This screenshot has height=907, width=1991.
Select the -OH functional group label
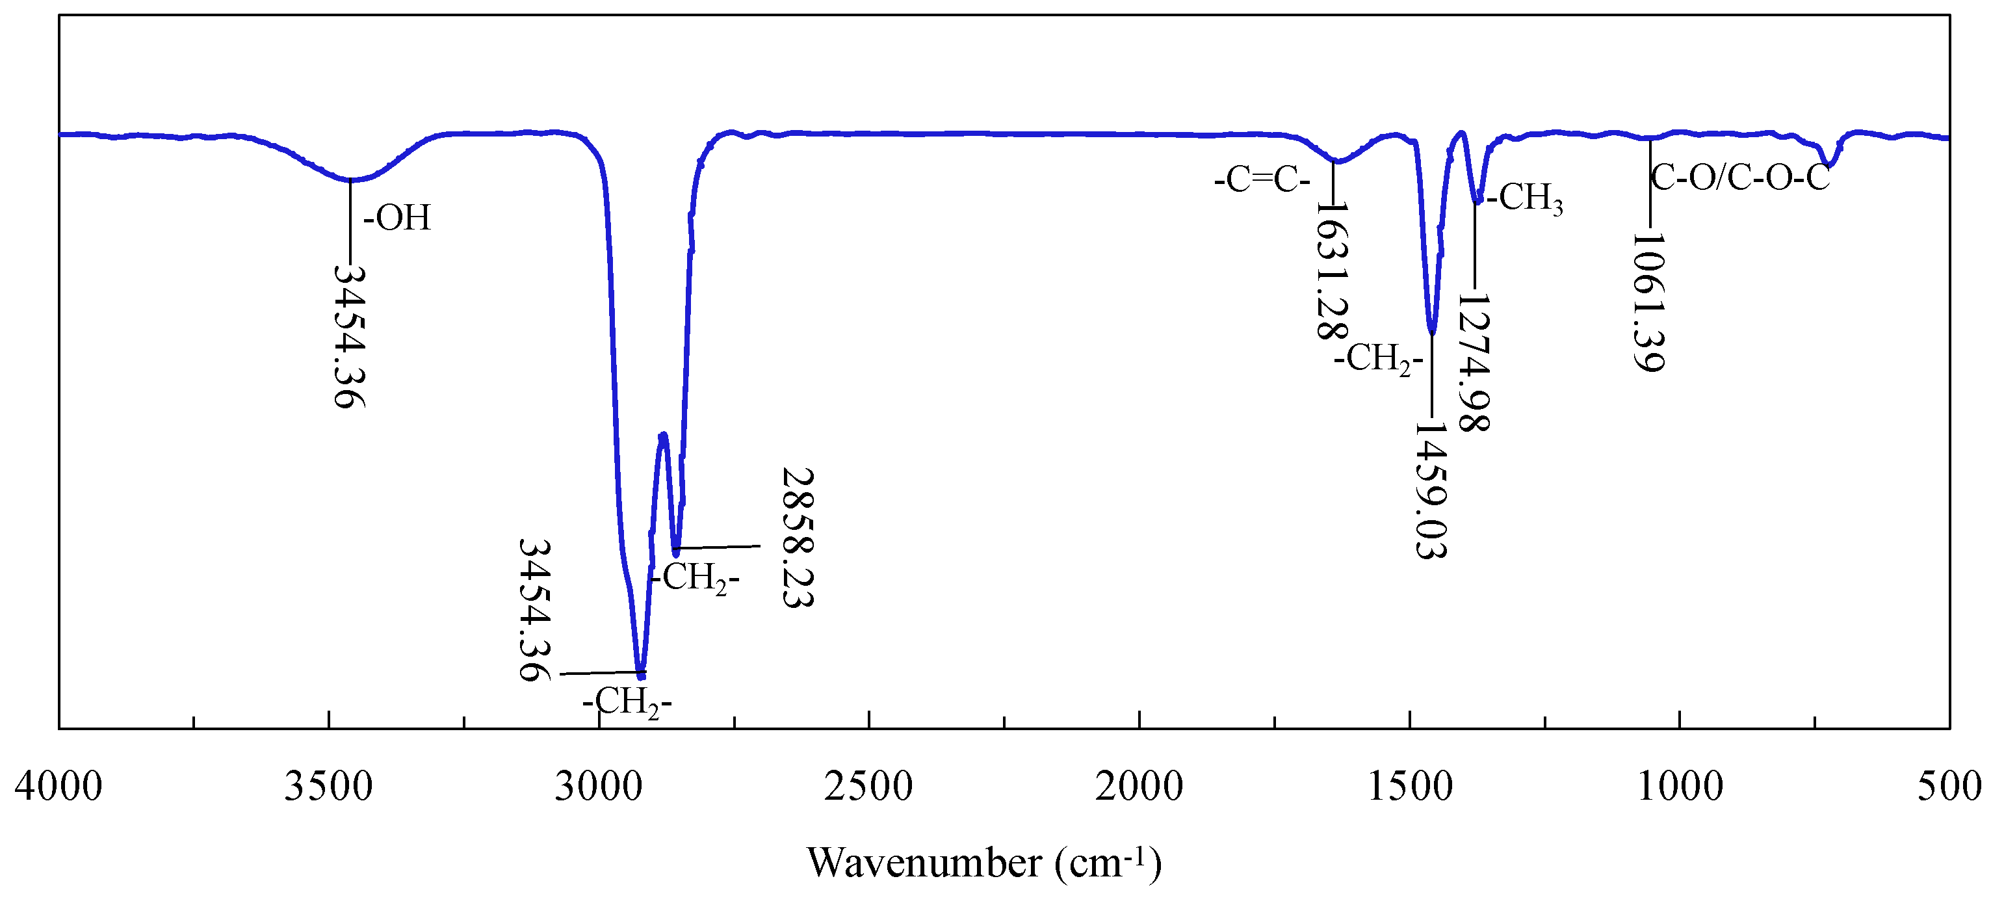(x=397, y=218)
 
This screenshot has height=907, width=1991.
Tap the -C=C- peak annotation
(x=1262, y=181)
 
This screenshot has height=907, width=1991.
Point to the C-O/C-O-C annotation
(x=1741, y=179)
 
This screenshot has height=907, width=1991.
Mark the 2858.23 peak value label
(x=798, y=538)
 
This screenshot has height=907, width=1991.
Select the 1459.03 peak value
(x=1430, y=490)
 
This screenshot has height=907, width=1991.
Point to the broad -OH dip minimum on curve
(x=351, y=180)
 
